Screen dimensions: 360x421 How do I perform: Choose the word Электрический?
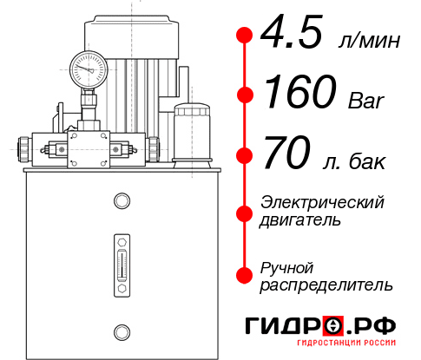point(322,202)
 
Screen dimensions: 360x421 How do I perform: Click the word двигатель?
point(300,220)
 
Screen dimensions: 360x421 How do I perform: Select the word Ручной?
point(286,266)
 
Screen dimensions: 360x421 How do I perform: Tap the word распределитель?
point(326,285)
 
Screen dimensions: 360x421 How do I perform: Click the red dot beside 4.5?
point(246,36)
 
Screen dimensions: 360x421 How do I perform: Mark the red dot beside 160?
point(246,95)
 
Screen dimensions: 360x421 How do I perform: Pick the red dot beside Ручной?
point(246,274)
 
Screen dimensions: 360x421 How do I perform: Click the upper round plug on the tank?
point(121,202)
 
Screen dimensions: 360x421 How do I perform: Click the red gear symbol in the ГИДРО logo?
point(333,326)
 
